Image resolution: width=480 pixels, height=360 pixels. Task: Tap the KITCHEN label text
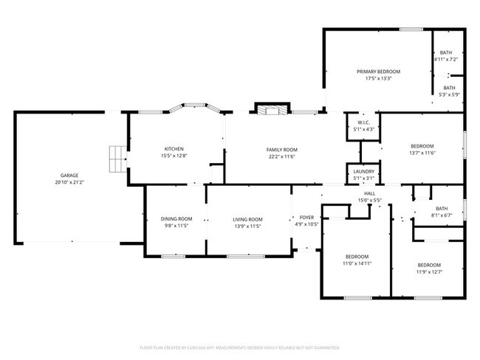tap(174, 149)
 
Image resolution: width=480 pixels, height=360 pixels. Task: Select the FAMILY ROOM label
tap(282, 149)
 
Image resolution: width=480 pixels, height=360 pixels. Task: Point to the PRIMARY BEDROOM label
tap(378, 72)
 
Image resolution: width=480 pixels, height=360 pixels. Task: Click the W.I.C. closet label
tap(364, 122)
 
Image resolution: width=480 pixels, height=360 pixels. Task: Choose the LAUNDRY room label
tap(364, 171)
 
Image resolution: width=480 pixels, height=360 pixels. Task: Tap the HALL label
tap(369, 193)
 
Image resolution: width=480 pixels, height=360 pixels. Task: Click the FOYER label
tap(306, 218)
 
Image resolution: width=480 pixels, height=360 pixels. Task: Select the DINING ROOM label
tap(176, 218)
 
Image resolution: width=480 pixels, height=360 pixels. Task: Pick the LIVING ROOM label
tap(247, 218)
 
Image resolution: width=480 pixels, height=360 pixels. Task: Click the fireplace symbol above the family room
tap(270, 110)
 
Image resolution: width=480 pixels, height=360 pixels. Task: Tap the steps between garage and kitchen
tap(116, 157)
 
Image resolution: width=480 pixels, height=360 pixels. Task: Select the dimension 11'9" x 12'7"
tap(428, 271)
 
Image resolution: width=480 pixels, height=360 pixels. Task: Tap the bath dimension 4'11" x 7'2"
tap(446, 59)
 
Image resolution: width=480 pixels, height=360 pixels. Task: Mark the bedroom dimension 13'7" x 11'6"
tap(422, 152)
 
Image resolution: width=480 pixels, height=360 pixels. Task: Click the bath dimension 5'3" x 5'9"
tap(449, 94)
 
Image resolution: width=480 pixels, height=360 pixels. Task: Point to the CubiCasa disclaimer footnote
tap(240, 346)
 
